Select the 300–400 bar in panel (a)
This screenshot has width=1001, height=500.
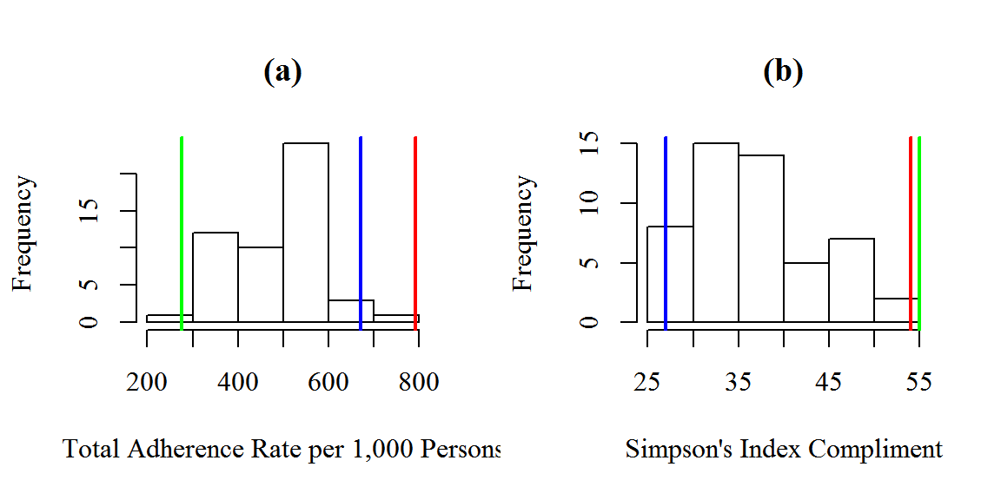[x=215, y=278]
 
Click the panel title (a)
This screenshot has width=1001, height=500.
[x=282, y=72]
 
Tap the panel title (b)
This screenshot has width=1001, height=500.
[x=783, y=72]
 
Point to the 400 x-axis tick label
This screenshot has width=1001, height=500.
[x=238, y=382]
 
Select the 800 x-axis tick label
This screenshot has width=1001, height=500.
[x=418, y=382]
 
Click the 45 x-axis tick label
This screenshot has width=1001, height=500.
[x=829, y=382]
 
